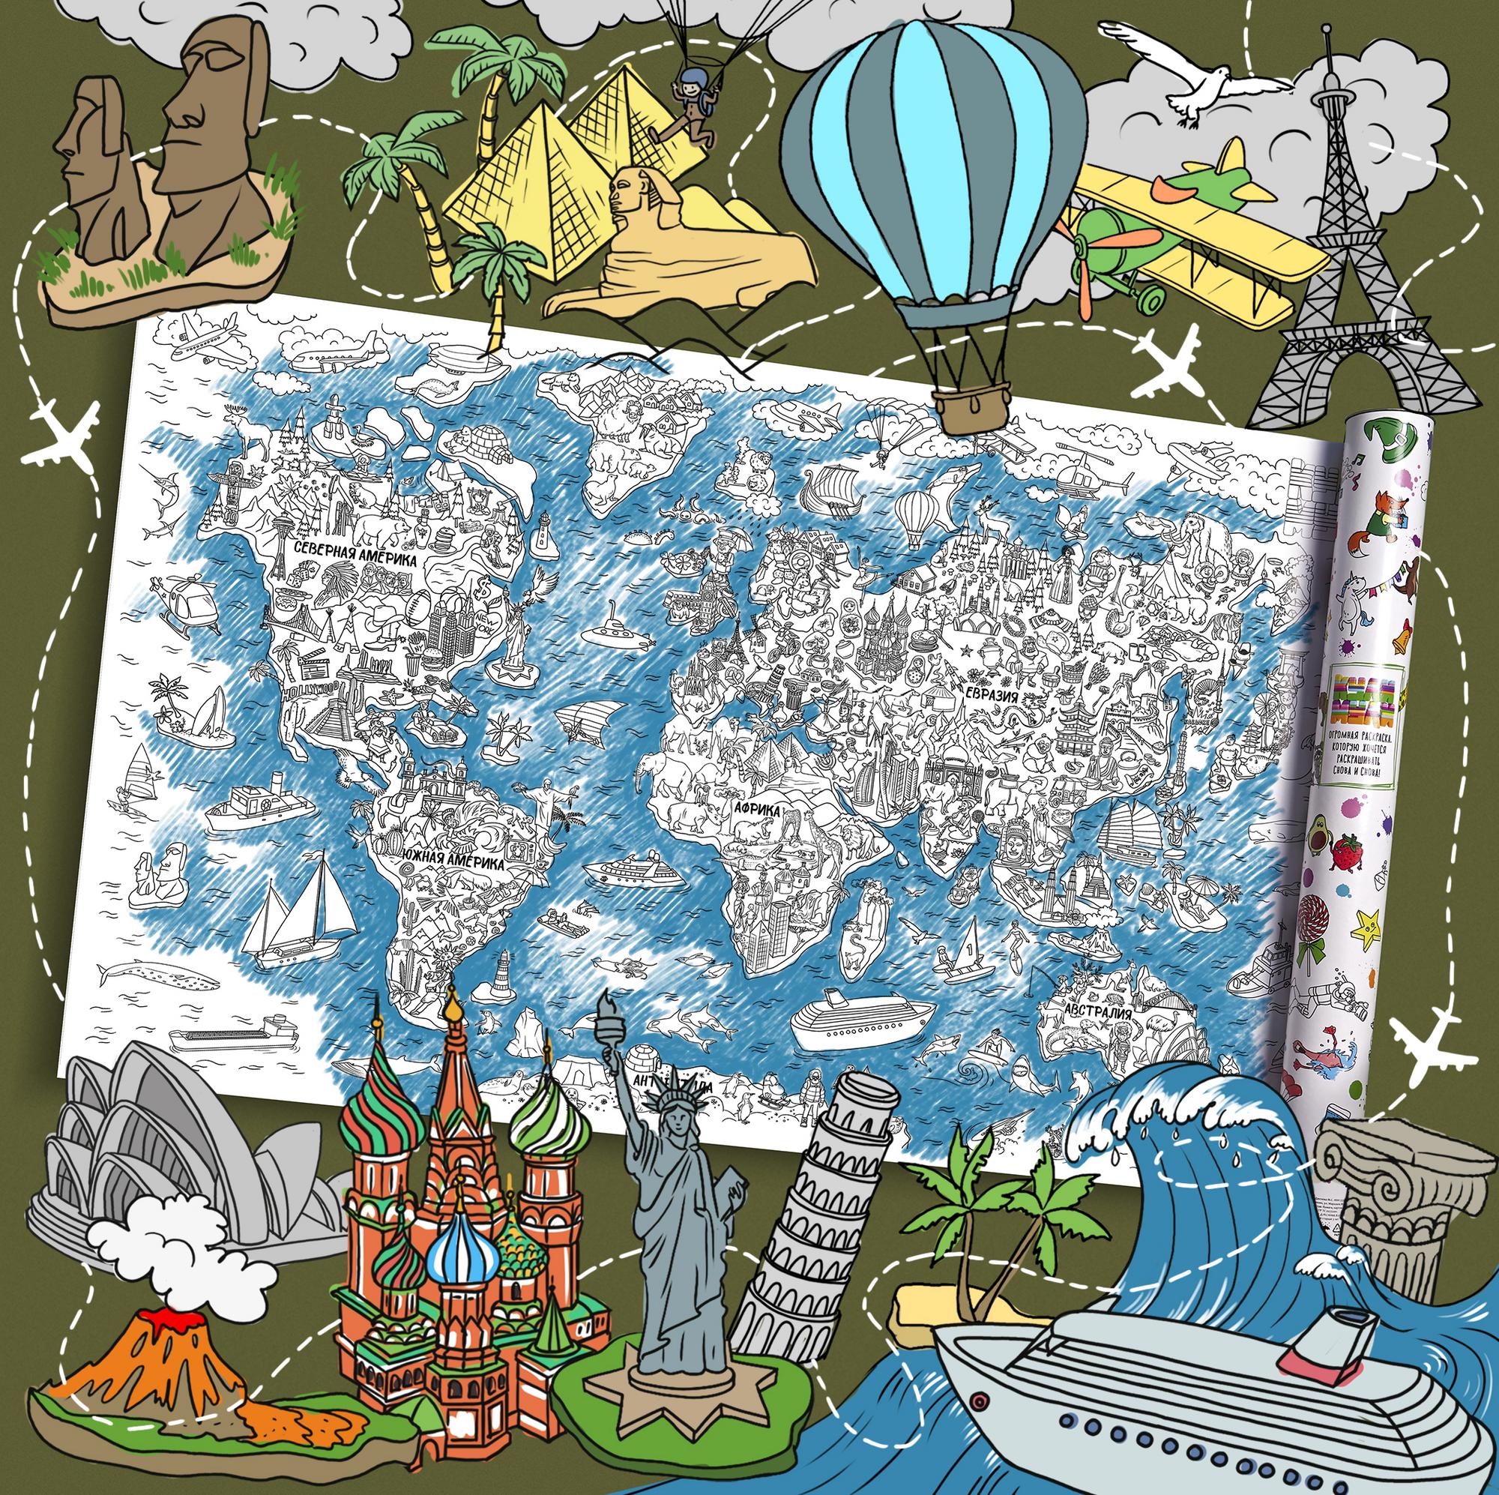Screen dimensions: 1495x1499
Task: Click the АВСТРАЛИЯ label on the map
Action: coord(1086,1013)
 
